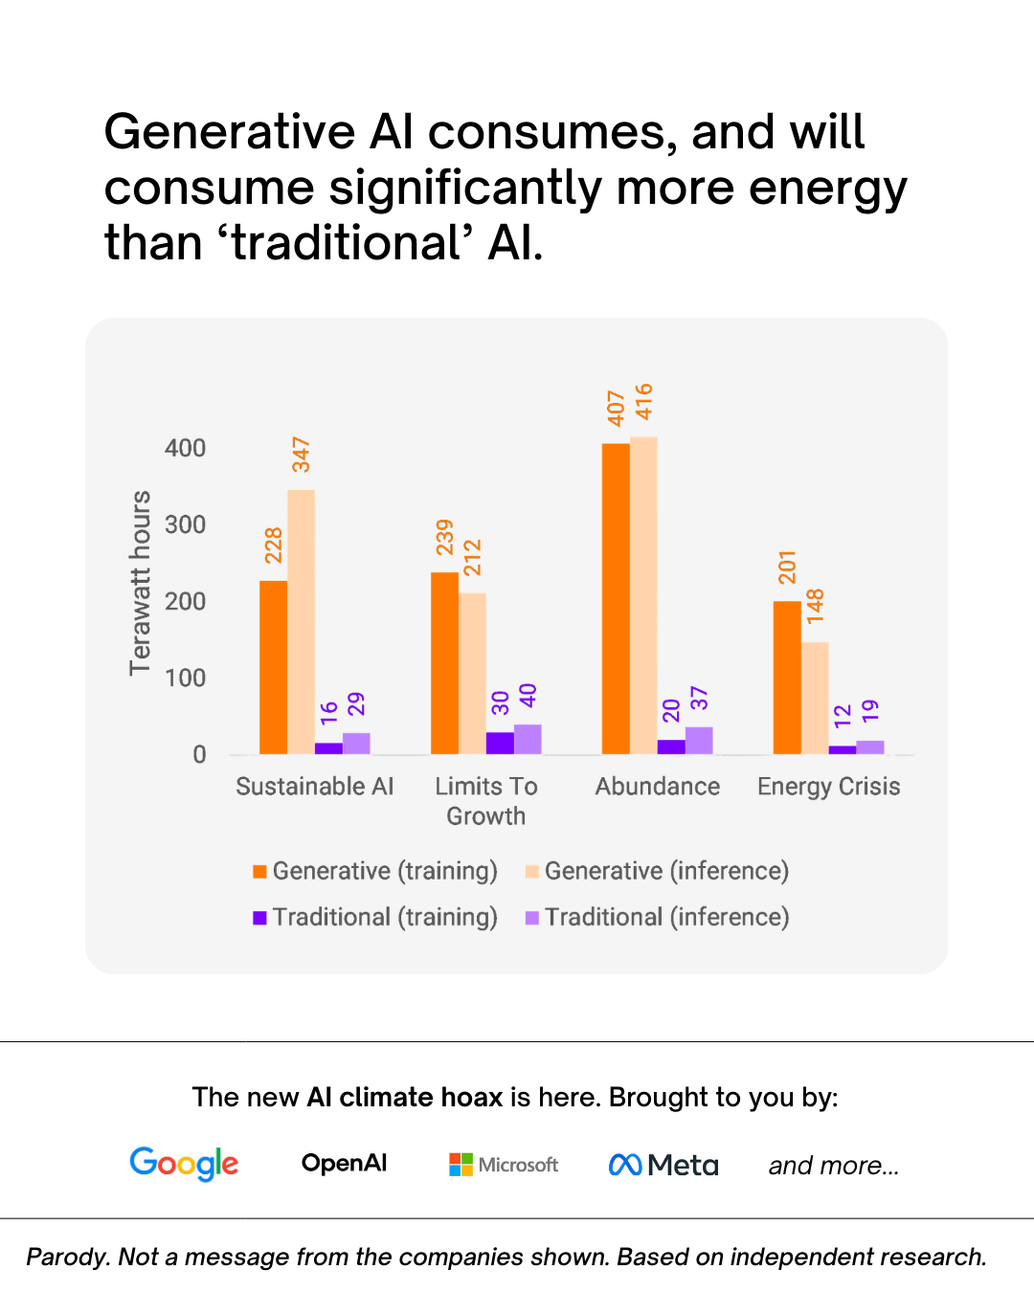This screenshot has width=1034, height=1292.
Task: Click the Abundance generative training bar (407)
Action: tap(616, 598)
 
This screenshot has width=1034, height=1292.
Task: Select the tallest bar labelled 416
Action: tap(643, 595)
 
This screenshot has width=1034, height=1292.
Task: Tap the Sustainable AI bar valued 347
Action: tap(301, 622)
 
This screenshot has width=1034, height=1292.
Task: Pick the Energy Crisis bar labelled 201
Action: tap(787, 678)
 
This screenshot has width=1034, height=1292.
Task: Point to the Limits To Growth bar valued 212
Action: tap(472, 674)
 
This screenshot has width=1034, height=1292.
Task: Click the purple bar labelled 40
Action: tap(528, 739)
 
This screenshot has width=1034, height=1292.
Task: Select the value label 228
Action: tap(274, 545)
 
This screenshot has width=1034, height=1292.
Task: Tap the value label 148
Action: tap(815, 606)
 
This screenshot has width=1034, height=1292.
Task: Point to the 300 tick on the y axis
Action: tap(185, 524)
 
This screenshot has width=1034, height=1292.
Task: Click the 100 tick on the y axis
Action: tap(185, 678)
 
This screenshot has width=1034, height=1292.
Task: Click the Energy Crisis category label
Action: tap(828, 786)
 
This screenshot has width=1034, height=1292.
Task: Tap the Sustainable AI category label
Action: tap(314, 786)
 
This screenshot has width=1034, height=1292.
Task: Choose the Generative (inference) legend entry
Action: tap(657, 871)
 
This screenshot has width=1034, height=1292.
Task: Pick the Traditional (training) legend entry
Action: tap(375, 917)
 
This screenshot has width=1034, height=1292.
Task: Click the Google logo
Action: tap(184, 1164)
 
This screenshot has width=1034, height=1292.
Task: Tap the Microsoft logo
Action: tap(504, 1165)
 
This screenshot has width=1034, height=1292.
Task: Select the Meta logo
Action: tap(663, 1165)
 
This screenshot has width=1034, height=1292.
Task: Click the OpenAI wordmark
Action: tap(344, 1163)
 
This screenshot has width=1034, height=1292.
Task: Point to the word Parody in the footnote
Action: tap(65, 1257)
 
